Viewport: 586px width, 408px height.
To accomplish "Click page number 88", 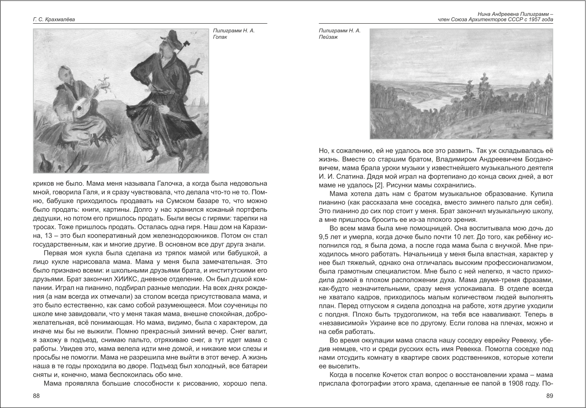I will [x=36, y=396].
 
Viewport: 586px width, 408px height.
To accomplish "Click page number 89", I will [x=549, y=396].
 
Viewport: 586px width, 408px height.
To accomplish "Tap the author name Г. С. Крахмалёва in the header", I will [x=54, y=20].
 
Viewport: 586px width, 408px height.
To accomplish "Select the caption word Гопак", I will [x=220, y=37].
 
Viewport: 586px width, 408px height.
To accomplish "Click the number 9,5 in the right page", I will [x=325, y=237].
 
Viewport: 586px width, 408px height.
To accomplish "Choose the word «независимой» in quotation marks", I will [x=342, y=323].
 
